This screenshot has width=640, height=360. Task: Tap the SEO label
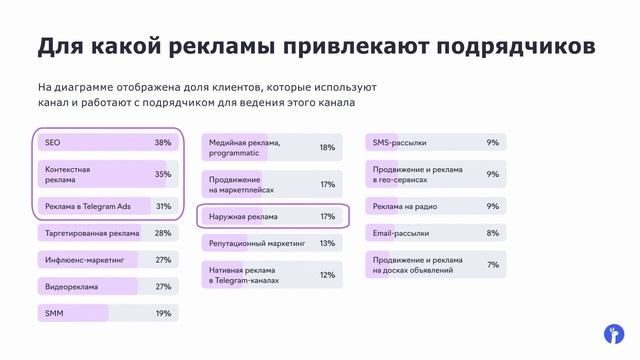tap(53, 143)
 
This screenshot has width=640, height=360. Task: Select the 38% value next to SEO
tap(163, 143)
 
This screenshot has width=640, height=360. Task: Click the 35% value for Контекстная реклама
tap(163, 174)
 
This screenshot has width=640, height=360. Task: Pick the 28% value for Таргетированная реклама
tap(163, 233)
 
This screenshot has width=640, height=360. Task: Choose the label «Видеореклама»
tap(72, 287)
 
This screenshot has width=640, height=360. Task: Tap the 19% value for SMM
tap(163, 313)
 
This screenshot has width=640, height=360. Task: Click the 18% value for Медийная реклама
tap(327, 148)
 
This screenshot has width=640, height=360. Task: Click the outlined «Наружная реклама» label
tap(243, 216)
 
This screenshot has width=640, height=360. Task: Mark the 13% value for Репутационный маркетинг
tap(327, 243)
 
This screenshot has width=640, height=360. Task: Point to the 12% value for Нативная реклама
tap(327, 275)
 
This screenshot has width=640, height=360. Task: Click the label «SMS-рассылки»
tap(401, 143)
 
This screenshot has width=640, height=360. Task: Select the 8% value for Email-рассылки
tap(492, 233)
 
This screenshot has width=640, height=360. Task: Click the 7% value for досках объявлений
tap(492, 265)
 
